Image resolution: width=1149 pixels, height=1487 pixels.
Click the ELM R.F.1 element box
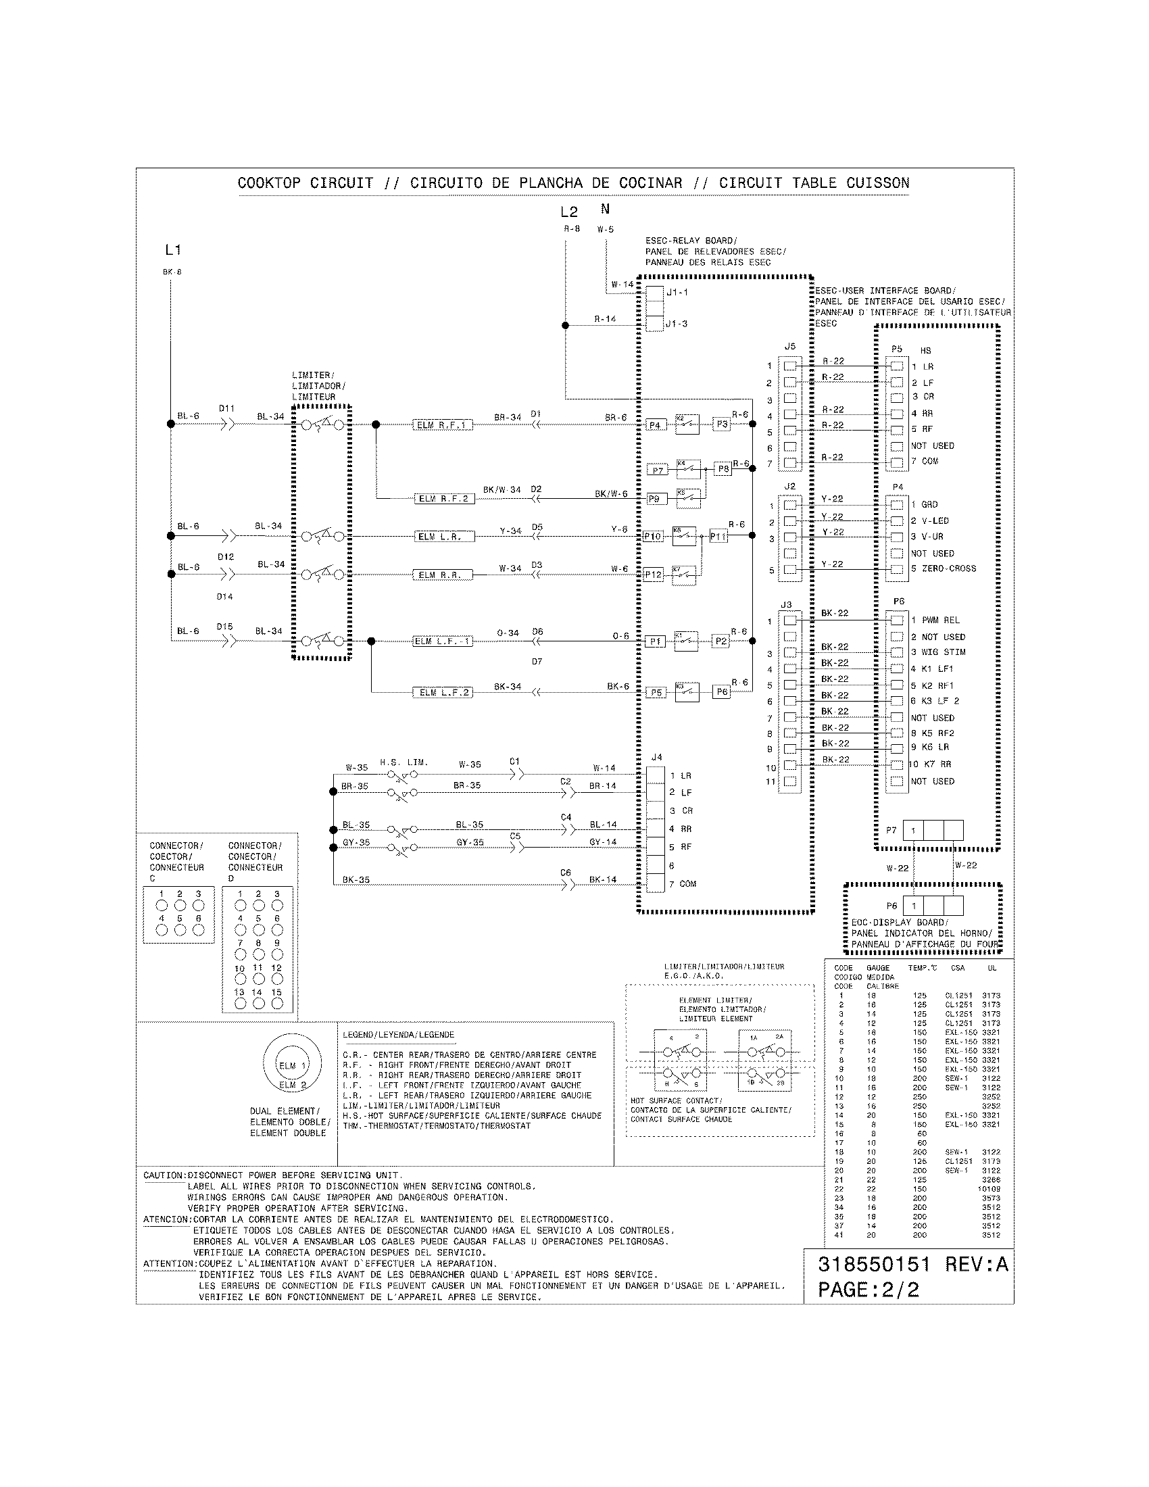click(x=442, y=426)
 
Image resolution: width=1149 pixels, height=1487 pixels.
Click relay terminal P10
click(x=652, y=537)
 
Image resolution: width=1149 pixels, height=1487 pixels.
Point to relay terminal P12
click(x=653, y=575)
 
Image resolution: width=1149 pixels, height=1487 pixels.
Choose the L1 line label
click(x=173, y=250)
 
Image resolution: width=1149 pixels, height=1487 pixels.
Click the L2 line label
click(x=569, y=212)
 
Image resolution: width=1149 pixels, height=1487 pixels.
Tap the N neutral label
click(x=605, y=210)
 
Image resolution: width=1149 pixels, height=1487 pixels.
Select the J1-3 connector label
click(x=677, y=324)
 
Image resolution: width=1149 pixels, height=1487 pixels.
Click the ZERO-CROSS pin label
click(x=949, y=568)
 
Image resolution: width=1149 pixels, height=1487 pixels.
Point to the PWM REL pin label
click(x=941, y=620)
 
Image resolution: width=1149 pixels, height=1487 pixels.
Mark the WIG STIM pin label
click(x=944, y=652)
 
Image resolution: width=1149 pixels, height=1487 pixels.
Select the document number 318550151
click(x=873, y=1265)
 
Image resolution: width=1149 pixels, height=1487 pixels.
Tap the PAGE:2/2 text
click(x=868, y=1290)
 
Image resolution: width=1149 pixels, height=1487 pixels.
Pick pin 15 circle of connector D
click(x=277, y=1004)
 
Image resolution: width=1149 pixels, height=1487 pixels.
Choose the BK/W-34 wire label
click(x=502, y=489)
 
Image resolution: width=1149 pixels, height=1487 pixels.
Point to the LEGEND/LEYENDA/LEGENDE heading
click(x=398, y=1035)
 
